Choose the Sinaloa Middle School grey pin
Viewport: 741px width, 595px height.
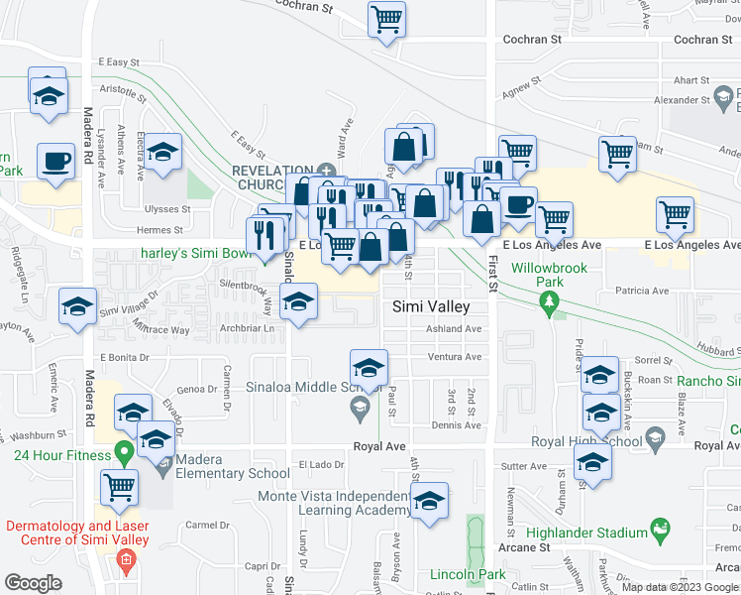[x=359, y=407]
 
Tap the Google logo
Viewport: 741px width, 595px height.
[x=33, y=583]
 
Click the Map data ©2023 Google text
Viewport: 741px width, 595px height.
[x=680, y=587]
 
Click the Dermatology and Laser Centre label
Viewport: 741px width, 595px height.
[x=76, y=533]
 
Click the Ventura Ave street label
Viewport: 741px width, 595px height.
[x=454, y=357]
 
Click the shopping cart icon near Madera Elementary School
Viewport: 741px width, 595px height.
[x=119, y=487]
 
